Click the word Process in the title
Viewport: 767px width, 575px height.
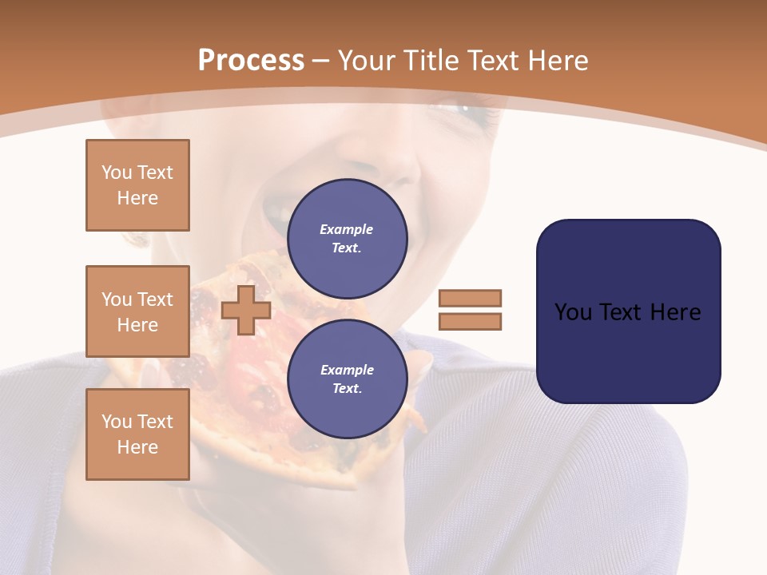(251, 61)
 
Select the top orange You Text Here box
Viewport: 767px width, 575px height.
(137, 185)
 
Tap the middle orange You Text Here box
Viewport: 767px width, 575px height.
(137, 311)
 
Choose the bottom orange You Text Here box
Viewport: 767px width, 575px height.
(137, 434)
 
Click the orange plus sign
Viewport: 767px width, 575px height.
(246, 310)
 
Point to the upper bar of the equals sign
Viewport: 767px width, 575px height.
(470, 298)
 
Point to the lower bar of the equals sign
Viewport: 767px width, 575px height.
(470, 322)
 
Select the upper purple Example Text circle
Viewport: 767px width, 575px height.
(347, 239)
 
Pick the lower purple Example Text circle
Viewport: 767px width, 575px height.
(347, 379)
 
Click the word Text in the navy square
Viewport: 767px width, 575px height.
(622, 312)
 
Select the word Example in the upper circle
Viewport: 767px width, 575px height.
(347, 229)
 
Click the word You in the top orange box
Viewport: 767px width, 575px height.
(117, 172)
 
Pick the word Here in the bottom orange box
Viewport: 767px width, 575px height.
(137, 447)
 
